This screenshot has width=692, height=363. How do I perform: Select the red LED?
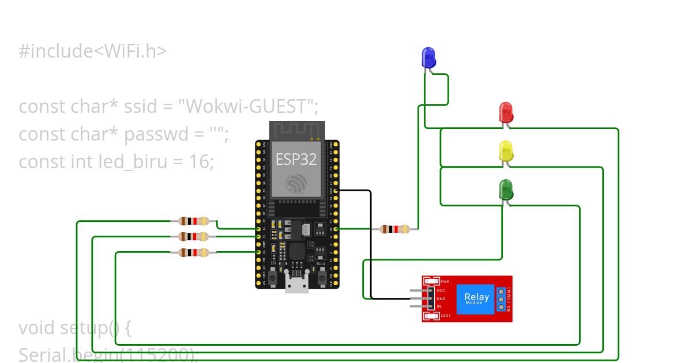pyautogui.click(x=506, y=112)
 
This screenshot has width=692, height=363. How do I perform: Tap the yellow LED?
pyautogui.click(x=506, y=151)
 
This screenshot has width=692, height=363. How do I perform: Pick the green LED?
pyautogui.click(x=506, y=190)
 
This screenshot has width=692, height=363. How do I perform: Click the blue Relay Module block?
pyautogui.click(x=476, y=298)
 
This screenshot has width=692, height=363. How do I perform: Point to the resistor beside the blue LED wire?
pyautogui.click(x=395, y=229)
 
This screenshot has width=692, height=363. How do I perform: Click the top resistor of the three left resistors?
pyautogui.click(x=194, y=221)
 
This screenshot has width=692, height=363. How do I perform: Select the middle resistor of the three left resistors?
pyautogui.click(x=194, y=236)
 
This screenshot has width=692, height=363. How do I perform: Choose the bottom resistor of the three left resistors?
pyautogui.click(x=194, y=252)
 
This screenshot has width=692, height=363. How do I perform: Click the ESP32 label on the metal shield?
pyautogui.click(x=296, y=160)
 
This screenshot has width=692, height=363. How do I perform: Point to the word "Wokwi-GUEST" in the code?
pyautogui.click(x=247, y=107)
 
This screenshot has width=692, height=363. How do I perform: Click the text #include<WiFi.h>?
pyautogui.click(x=93, y=51)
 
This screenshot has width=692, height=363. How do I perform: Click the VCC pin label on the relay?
pyautogui.click(x=441, y=291)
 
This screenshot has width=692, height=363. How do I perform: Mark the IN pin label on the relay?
pyautogui.click(x=439, y=306)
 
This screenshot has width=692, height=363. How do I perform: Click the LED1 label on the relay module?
pyautogui.click(x=445, y=316)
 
